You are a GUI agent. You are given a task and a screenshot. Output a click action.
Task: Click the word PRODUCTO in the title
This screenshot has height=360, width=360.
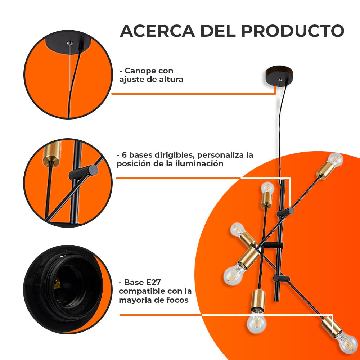[x=293, y=31]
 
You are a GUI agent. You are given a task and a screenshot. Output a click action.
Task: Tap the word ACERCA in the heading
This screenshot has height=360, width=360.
[x=157, y=31]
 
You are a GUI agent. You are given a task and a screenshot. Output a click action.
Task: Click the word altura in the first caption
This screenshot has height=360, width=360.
[x=170, y=80]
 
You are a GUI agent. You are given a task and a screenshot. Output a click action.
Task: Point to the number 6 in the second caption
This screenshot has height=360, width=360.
[x=124, y=155]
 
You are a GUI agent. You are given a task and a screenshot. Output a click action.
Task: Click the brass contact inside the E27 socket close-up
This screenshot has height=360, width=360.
[x=56, y=284]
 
